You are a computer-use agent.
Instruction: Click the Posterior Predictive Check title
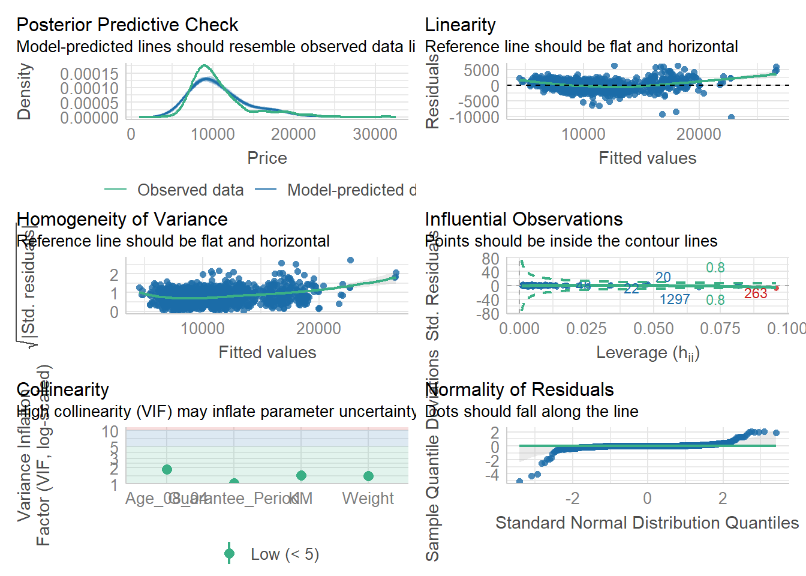coord(127,25)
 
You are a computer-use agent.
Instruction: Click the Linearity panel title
coord(460,25)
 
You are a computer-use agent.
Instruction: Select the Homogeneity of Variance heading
coord(122,219)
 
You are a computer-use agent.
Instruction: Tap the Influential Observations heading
coord(524,219)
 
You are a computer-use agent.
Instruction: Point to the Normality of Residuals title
coord(519,389)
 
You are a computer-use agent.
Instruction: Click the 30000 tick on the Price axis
coord(375,134)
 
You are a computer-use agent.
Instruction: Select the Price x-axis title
coord(267,158)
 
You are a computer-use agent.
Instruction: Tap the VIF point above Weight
coord(368,476)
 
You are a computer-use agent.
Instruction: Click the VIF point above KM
coord(301,475)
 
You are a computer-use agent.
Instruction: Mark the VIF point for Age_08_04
coord(167,469)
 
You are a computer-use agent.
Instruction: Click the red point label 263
coord(756,293)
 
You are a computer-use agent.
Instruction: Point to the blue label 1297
coord(675,299)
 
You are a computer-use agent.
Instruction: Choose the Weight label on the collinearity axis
coord(368,499)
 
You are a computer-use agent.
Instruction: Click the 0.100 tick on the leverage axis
coord(786,329)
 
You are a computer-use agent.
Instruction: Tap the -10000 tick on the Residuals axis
coord(478,117)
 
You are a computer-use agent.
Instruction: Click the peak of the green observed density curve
coord(204,65)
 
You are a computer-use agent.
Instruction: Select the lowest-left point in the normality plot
coord(519,481)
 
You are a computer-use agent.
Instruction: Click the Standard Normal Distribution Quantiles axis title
coord(646,523)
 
